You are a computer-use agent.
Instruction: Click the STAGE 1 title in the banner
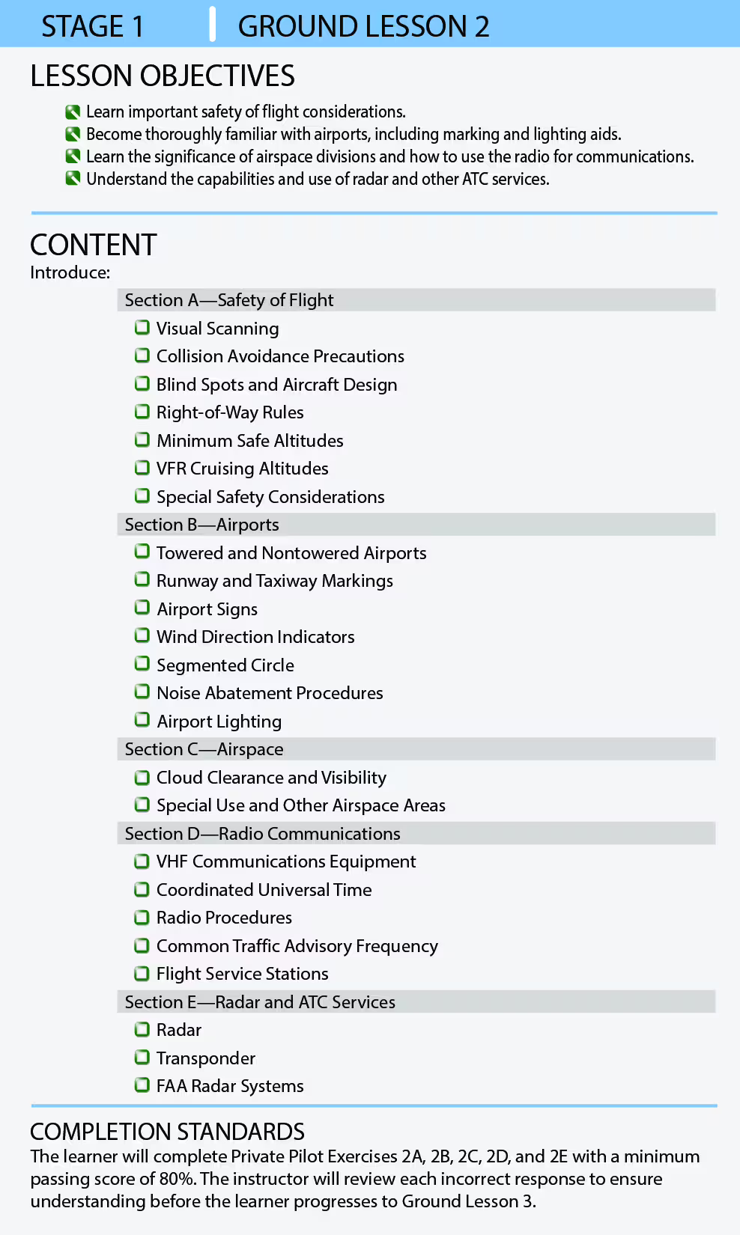click(x=92, y=26)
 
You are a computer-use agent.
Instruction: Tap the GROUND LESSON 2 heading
click(x=363, y=26)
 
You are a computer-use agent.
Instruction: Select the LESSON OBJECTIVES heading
click(x=163, y=76)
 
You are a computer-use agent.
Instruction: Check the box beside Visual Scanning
click(x=142, y=328)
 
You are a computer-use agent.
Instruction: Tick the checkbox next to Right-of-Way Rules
click(x=142, y=412)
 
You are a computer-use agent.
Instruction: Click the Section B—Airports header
click(x=201, y=525)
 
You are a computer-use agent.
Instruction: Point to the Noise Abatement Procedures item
click(x=270, y=693)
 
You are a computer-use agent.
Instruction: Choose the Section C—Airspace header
click(x=204, y=749)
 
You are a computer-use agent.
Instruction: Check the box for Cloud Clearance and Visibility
click(x=142, y=778)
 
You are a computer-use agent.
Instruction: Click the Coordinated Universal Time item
click(x=264, y=890)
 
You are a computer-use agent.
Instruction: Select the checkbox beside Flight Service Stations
click(x=142, y=974)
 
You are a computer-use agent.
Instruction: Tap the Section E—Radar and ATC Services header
click(x=260, y=1002)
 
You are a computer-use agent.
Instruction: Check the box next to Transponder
click(x=142, y=1058)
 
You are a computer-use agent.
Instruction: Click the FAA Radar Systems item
click(x=230, y=1086)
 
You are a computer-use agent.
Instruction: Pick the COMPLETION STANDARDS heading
click(x=167, y=1131)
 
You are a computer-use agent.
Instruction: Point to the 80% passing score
click(x=177, y=1179)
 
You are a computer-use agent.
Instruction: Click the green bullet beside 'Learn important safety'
click(x=73, y=112)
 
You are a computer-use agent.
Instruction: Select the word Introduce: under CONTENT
click(x=70, y=272)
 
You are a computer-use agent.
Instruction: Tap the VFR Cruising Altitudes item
click(x=242, y=469)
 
